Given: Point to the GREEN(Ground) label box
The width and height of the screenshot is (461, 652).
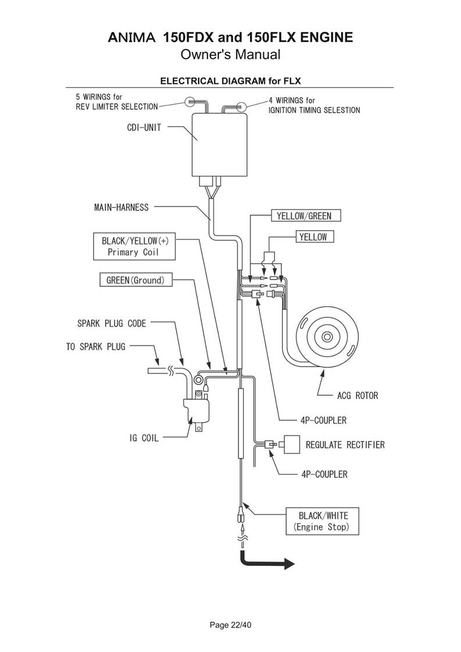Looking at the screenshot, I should point(135,280).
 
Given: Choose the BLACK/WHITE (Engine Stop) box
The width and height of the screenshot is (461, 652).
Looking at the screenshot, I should point(323,521).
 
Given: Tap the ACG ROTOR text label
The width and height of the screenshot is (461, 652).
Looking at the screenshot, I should point(358,396).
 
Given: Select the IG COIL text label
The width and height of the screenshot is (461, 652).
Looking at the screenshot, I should point(144,438).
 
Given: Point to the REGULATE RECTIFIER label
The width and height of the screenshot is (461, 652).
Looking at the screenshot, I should point(345,445).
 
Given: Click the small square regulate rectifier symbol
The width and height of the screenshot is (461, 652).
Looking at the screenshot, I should point(291,445).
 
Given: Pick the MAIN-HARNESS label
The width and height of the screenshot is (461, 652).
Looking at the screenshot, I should point(121,207).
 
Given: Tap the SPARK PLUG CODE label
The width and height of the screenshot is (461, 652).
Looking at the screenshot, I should point(112,322).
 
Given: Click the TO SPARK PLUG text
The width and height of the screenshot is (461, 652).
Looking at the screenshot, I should point(95,347).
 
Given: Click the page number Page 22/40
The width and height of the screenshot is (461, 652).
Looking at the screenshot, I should point(230,625).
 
